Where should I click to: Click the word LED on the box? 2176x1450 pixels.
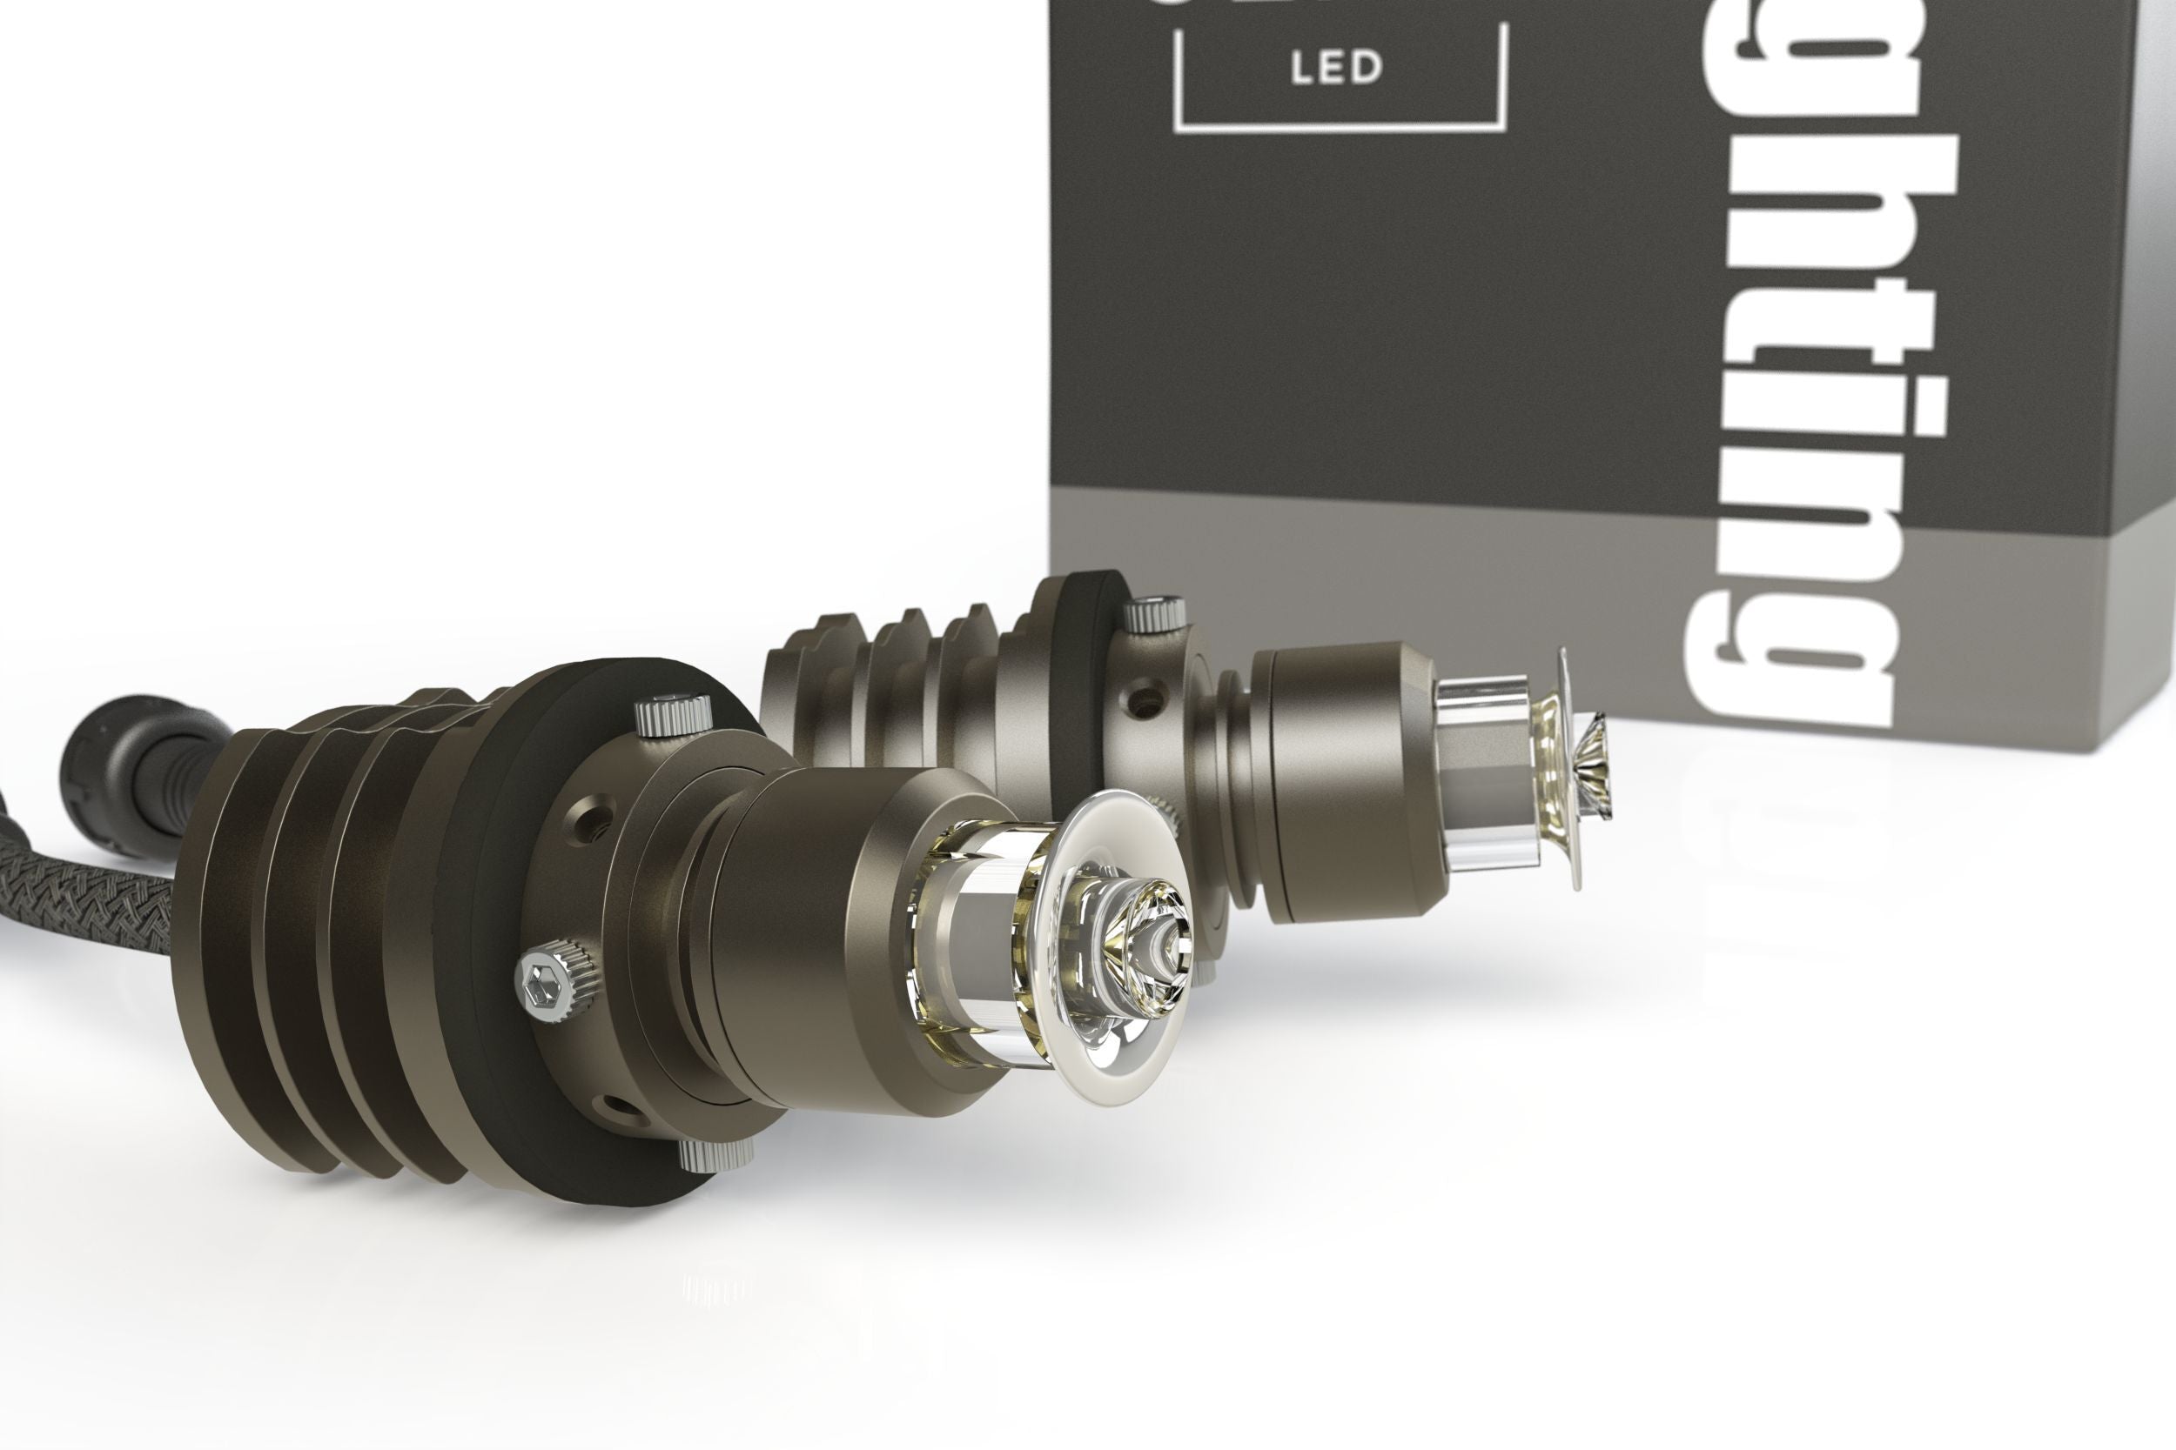tap(1336, 68)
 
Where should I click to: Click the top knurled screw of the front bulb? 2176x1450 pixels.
tap(674, 714)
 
